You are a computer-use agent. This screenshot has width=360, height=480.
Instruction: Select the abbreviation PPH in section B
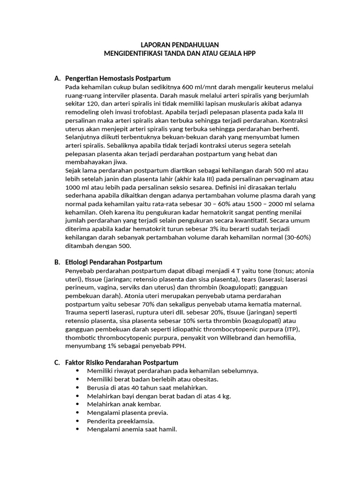(178, 346)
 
